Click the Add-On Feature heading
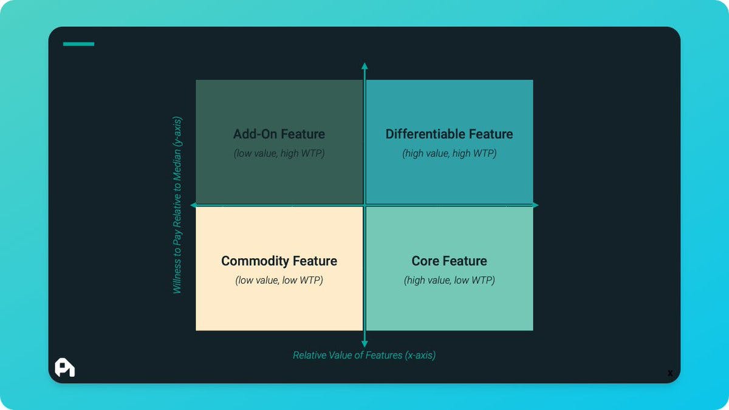pyautogui.click(x=279, y=134)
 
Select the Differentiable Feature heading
pyautogui.click(x=449, y=134)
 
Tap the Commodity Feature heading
pyautogui.click(x=279, y=261)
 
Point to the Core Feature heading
pyautogui.click(x=449, y=261)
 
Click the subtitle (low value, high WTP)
pyautogui.click(x=279, y=154)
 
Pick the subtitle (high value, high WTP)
pyautogui.click(x=449, y=154)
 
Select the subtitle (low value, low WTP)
pyautogui.click(x=279, y=281)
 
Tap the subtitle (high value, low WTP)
pyautogui.click(x=449, y=281)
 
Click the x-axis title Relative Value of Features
pyautogui.click(x=364, y=355)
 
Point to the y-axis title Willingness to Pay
pyautogui.click(x=177, y=205)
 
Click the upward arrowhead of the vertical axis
pyautogui.click(x=364, y=66)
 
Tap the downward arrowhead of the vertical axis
pyautogui.click(x=364, y=344)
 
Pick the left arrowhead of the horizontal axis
pyautogui.click(x=194, y=205)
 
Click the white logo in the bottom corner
pyautogui.click(x=64, y=367)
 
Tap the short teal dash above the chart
pyautogui.click(x=78, y=44)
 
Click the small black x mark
pyautogui.click(x=670, y=373)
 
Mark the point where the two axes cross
pyautogui.click(x=364, y=205)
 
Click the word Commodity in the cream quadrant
pyautogui.click(x=255, y=261)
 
